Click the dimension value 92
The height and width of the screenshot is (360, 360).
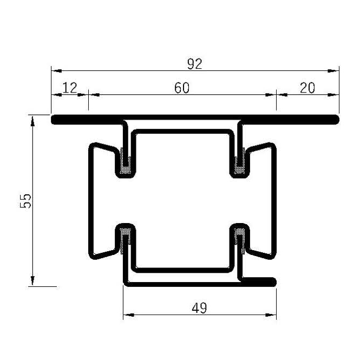point(194,64)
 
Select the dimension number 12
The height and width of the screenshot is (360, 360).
point(69,88)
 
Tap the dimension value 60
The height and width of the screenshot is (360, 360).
point(182,88)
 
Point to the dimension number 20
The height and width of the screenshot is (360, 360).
point(307,88)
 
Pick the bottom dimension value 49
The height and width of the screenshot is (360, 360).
point(199,308)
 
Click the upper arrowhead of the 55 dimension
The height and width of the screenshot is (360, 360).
point(33,119)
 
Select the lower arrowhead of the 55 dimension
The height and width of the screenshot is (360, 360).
point(33,281)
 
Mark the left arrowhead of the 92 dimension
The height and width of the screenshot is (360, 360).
point(55,70)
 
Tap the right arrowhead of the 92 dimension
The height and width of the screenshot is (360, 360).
point(335,70)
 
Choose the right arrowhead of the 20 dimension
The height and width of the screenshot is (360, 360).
point(335,94)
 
